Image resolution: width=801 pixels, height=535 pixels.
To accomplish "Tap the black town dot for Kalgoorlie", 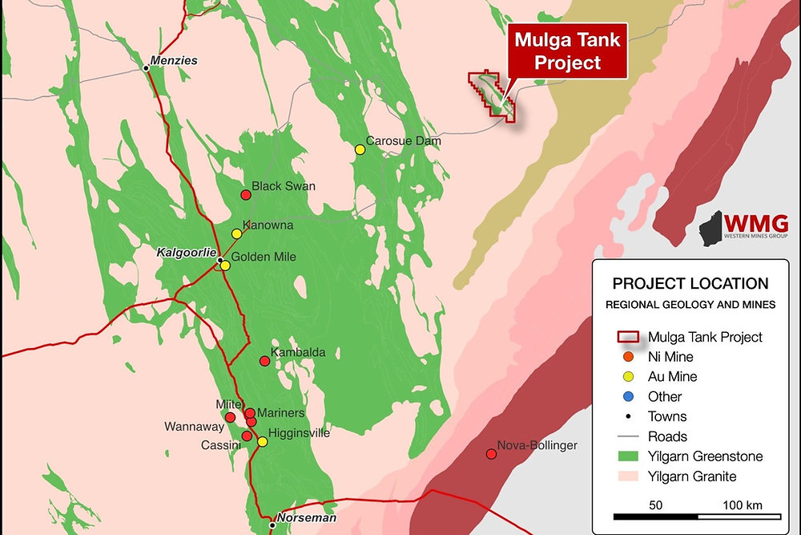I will click(x=219, y=260).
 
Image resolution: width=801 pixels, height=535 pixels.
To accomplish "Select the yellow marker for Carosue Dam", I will click(x=360, y=149).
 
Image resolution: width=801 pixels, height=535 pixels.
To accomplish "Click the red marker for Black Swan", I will click(x=246, y=195).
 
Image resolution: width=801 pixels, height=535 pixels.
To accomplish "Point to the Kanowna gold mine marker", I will click(x=236, y=233).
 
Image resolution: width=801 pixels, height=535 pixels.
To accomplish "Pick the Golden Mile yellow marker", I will click(x=225, y=265).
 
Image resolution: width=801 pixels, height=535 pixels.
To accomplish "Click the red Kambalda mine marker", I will click(x=264, y=361).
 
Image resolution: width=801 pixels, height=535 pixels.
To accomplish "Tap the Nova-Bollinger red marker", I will click(x=491, y=454).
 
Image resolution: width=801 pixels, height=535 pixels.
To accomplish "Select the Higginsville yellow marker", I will click(x=262, y=441).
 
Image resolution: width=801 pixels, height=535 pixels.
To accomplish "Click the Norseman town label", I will click(x=304, y=518).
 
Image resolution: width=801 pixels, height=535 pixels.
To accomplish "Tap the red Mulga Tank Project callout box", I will click(x=568, y=51).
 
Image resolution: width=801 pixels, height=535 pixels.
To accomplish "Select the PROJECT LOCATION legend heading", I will click(x=690, y=284).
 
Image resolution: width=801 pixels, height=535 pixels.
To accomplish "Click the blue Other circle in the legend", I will click(x=628, y=396).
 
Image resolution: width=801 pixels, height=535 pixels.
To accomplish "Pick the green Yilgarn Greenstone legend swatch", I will click(x=628, y=456).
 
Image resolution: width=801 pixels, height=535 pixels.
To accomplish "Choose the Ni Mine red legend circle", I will click(x=628, y=357).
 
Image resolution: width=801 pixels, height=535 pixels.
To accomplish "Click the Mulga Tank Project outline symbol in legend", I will click(x=628, y=337).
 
